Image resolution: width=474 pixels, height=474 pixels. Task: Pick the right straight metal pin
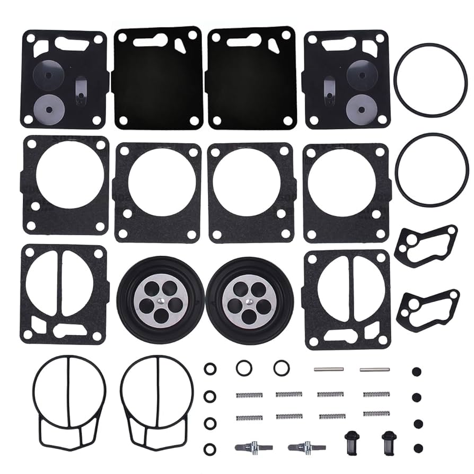pyautogui.click(x=374, y=369)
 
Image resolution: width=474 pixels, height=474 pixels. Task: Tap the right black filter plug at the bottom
pyautogui.click(x=387, y=440)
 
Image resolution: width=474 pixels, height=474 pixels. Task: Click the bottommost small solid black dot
pyautogui.click(x=417, y=447)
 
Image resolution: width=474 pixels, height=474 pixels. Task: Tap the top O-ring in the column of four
pyautogui.click(x=210, y=368)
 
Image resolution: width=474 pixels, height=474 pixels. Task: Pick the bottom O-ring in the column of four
pyautogui.click(x=210, y=448)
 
